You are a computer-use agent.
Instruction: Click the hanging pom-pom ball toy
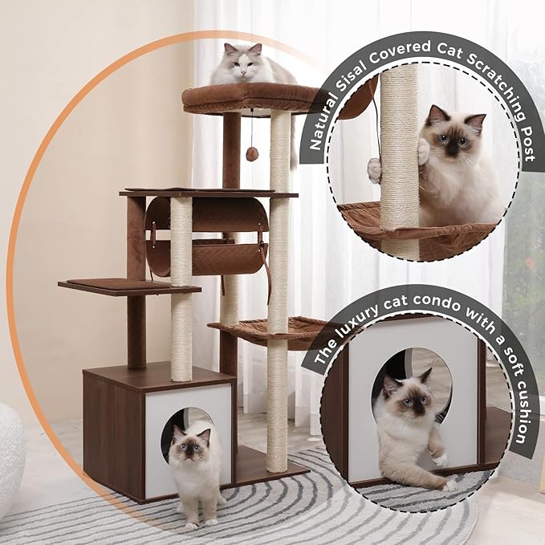(x=252, y=154)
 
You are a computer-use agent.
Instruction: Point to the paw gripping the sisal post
(x=422, y=150)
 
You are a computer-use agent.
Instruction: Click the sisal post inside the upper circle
(x=399, y=161)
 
